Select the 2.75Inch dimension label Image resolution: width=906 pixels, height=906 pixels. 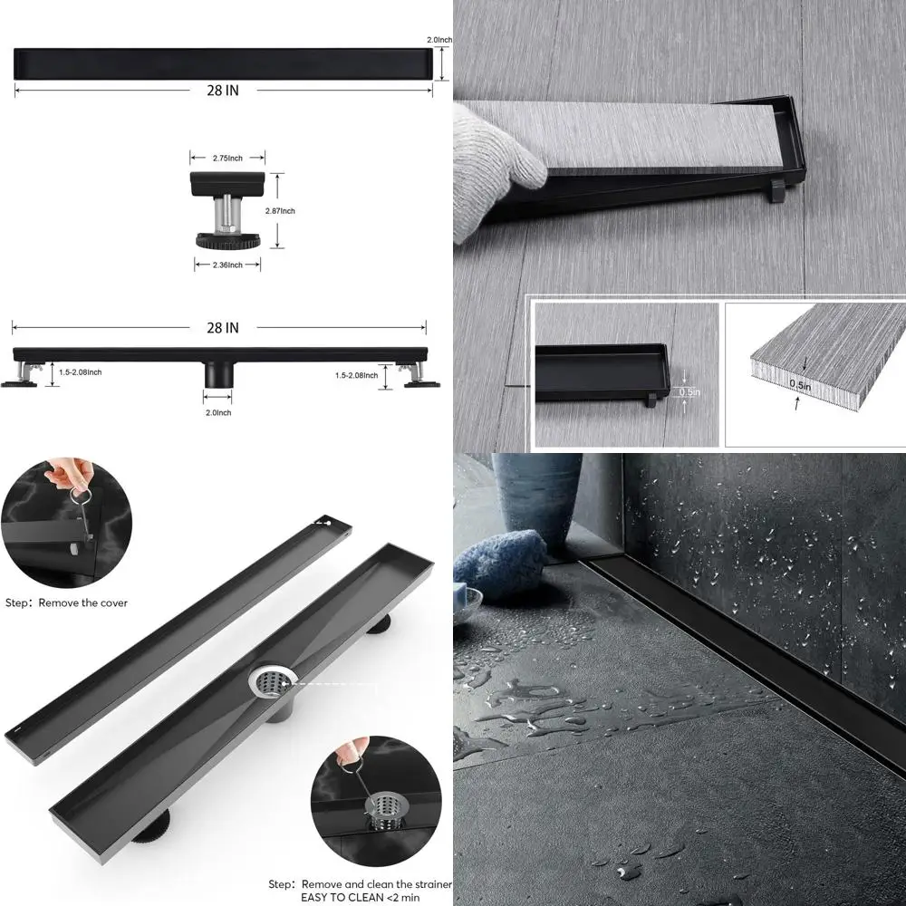point(226,159)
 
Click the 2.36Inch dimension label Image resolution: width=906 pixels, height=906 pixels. point(227,265)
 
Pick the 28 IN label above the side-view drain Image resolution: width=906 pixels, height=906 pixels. point(220,328)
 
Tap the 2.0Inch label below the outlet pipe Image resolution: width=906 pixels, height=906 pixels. point(217,412)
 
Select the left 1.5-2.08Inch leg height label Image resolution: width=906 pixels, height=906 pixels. point(80,372)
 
